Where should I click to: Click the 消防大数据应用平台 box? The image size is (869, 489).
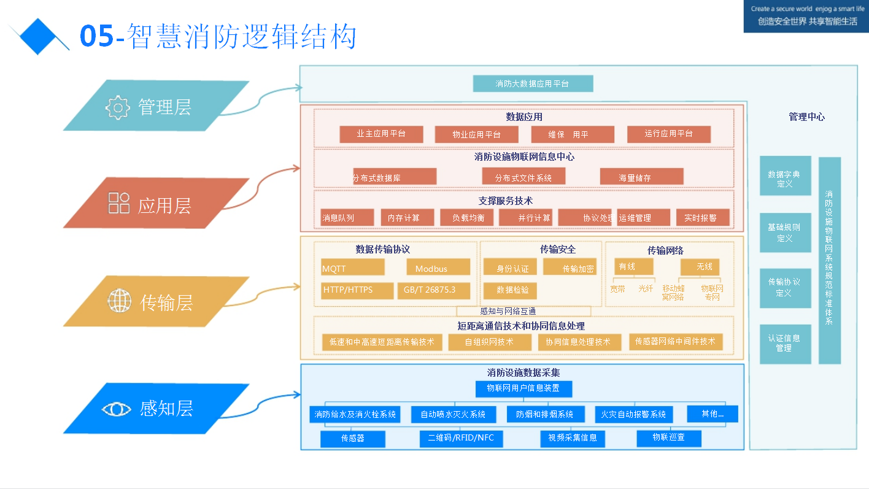(533, 83)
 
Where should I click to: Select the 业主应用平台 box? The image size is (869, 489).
(381, 134)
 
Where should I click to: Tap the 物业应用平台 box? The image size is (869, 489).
(476, 134)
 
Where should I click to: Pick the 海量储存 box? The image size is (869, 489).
(641, 177)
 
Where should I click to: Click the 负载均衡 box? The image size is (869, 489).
(468, 217)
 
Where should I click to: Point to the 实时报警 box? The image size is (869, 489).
(703, 217)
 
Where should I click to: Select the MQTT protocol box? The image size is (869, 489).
(353, 268)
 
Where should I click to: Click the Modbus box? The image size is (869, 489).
(438, 268)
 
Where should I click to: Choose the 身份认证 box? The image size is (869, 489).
(510, 267)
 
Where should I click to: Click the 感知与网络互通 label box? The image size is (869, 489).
(523, 311)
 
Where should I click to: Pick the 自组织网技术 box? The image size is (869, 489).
(489, 342)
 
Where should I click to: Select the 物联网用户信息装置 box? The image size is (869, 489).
(523, 388)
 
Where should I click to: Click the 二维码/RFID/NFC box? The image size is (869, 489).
(461, 438)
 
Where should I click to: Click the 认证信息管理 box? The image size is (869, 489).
(785, 344)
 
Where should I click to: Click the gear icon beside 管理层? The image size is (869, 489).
(117, 107)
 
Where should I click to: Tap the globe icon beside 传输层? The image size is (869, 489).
(120, 301)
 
